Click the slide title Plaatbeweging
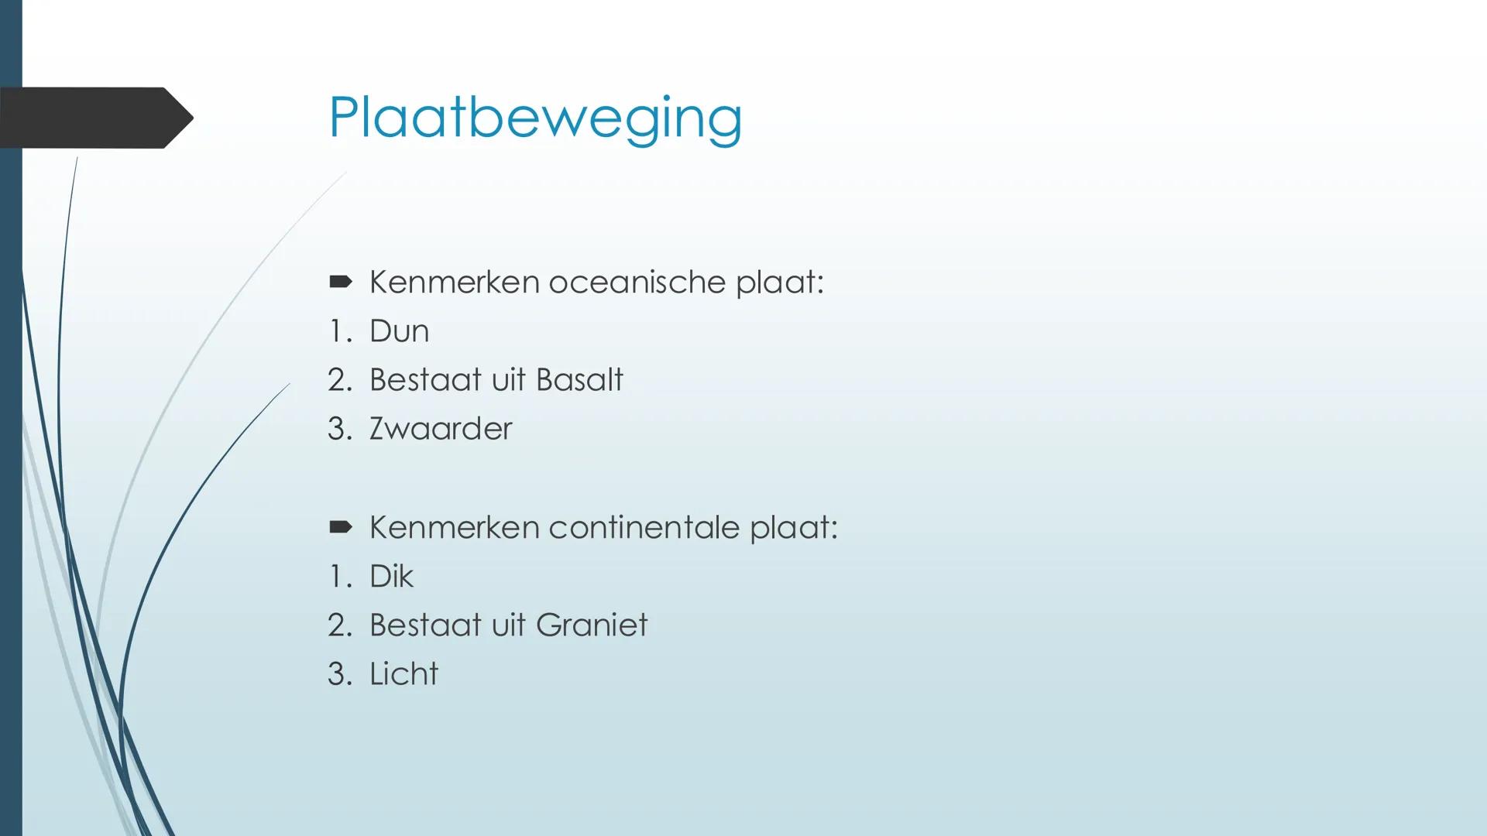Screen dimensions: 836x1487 click(x=534, y=118)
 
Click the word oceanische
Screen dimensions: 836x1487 click(x=637, y=282)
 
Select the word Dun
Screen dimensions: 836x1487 click(x=399, y=331)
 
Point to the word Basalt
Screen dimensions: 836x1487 click(x=579, y=380)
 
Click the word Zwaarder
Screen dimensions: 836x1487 click(x=440, y=429)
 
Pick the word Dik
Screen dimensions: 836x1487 click(x=391, y=577)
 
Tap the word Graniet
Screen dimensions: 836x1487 click(x=591, y=625)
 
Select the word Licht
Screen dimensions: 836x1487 click(x=404, y=674)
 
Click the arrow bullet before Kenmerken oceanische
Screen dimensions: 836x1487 click(x=340, y=282)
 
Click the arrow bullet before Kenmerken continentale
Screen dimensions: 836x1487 click(x=340, y=527)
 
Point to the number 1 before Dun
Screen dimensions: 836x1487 click(x=337, y=331)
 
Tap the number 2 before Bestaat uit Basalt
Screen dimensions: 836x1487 click(x=338, y=380)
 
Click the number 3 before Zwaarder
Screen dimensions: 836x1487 click(x=338, y=429)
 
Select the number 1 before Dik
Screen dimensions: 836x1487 click(x=337, y=577)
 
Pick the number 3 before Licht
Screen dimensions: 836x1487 click(x=338, y=674)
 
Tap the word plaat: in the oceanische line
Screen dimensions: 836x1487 click(x=779, y=282)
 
